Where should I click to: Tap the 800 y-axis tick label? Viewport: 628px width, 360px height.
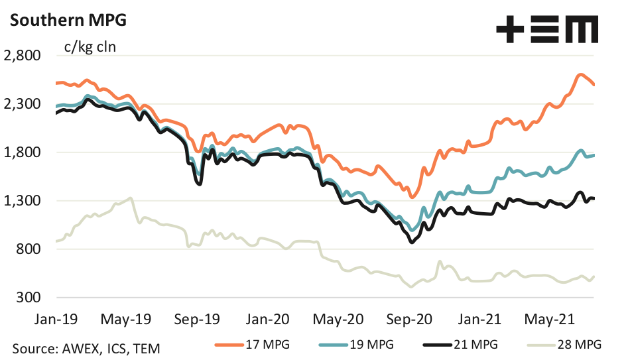[x=30, y=249]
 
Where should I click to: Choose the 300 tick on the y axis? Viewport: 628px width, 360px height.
[x=30, y=298]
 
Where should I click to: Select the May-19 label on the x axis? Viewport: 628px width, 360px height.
[x=126, y=319]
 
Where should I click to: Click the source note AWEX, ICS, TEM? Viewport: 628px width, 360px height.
[x=86, y=347]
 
